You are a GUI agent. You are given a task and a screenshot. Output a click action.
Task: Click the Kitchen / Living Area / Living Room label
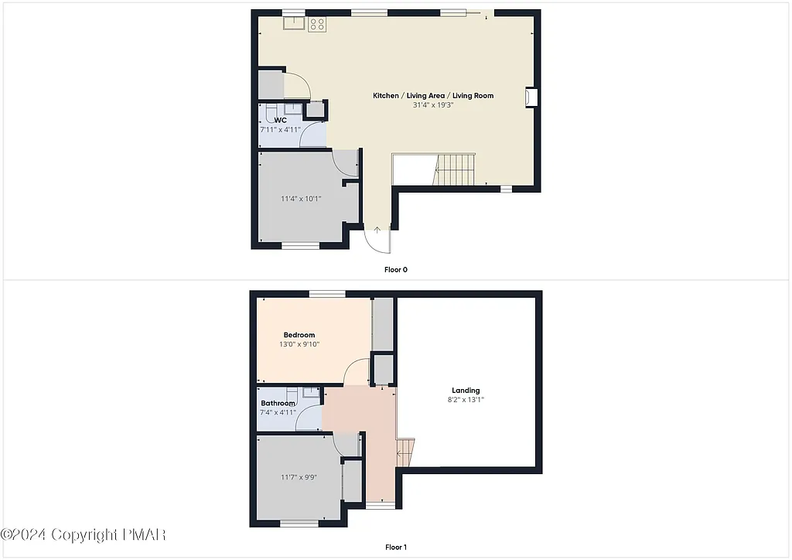[x=433, y=95]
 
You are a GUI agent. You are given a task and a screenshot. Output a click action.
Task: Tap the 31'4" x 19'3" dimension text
[x=433, y=104]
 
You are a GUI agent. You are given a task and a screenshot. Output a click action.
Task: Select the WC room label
[x=281, y=121]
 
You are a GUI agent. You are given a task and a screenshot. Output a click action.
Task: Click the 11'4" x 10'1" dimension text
[x=301, y=199]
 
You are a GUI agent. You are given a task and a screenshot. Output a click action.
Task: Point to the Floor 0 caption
[x=395, y=270]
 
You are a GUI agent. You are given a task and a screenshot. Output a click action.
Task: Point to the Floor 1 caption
[x=395, y=548]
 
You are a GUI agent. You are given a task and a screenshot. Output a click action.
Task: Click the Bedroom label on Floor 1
[x=299, y=335]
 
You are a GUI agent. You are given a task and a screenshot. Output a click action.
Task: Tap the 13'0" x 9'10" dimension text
[x=299, y=344]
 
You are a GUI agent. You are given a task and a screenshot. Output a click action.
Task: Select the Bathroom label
[x=278, y=404]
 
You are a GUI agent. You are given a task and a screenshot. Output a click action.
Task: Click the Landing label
[x=466, y=391]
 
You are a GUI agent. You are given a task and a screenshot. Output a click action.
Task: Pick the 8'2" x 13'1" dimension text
[x=466, y=400]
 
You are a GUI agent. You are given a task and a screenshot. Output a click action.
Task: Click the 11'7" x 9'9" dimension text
[x=299, y=477]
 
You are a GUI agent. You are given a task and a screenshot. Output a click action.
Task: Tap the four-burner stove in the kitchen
[x=317, y=24]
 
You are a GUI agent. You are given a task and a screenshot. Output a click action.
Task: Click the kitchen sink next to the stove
[x=293, y=23]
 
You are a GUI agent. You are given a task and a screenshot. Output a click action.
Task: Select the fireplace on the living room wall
[x=531, y=97]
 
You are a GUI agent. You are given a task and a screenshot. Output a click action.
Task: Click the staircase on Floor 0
[x=455, y=169]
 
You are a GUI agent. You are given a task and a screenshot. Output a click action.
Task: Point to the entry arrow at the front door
[x=377, y=230]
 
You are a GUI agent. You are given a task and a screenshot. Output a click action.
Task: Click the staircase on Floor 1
[x=406, y=451]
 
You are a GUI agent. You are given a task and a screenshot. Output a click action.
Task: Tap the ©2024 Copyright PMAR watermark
[x=84, y=534]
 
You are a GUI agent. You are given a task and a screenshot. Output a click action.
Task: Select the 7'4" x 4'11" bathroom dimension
[x=278, y=412]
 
